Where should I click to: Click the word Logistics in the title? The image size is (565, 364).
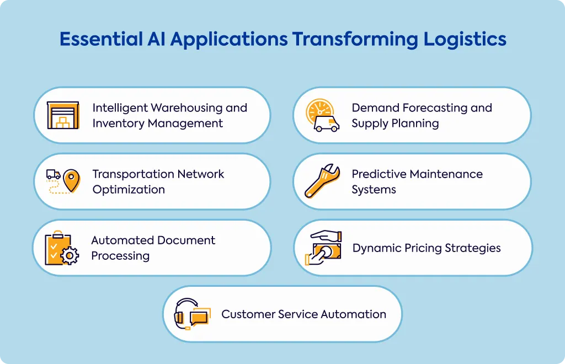click(x=465, y=40)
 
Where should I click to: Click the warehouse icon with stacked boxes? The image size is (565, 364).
click(x=63, y=115)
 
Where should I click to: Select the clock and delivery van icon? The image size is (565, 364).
click(x=322, y=115)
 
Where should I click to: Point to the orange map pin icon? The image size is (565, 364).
click(x=72, y=181)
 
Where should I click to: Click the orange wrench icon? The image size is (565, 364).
click(x=322, y=181)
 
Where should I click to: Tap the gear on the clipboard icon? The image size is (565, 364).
click(x=70, y=256)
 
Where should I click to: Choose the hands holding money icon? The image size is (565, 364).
click(x=323, y=248)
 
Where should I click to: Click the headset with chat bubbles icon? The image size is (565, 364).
click(x=192, y=314)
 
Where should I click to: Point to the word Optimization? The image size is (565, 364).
click(x=129, y=190)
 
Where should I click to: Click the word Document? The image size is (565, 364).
click(x=186, y=240)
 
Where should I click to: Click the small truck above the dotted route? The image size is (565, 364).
click(x=54, y=175)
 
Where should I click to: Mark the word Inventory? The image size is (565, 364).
click(x=119, y=124)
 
